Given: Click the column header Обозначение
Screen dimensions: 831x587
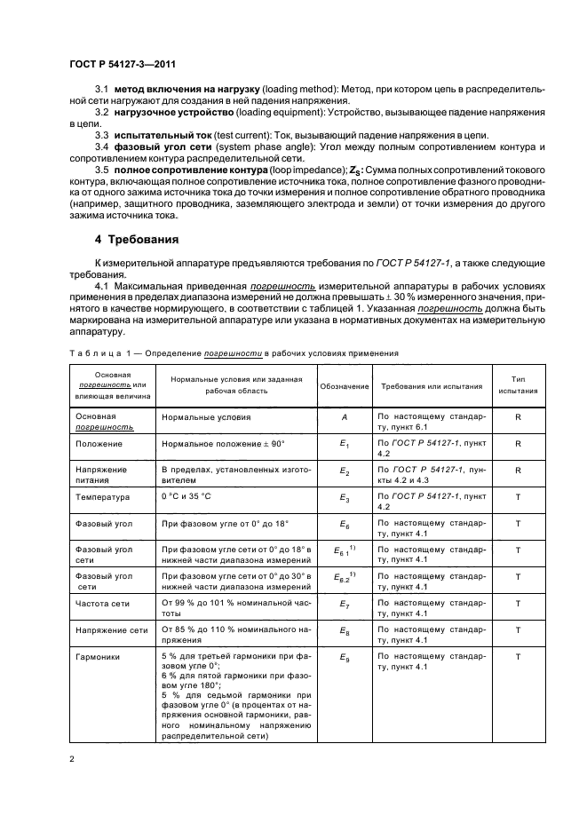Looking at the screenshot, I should pos(344,386).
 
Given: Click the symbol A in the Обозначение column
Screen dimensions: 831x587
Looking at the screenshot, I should pos(344,415).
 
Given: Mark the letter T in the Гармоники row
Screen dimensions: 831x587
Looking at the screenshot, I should pos(517,658).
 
